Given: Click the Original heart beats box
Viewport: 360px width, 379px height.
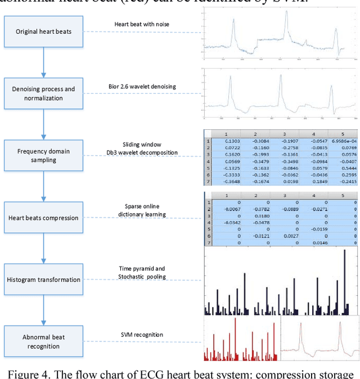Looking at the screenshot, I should click(43, 31).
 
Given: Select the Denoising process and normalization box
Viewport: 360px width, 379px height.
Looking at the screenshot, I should click(43, 93).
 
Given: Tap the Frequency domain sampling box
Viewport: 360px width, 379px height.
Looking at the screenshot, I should click(43, 156).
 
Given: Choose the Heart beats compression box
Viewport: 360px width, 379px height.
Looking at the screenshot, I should click(43, 218).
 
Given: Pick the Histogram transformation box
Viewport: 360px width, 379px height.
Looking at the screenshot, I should click(43, 279).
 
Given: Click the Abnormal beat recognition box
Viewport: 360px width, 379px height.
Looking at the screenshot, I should click(43, 342).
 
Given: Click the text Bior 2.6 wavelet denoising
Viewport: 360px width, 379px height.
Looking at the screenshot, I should click(142, 86).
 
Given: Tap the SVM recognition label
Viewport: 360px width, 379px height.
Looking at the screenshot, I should click(142, 335).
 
